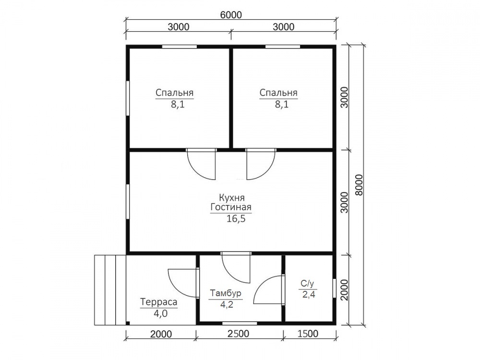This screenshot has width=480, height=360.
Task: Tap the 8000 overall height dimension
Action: point(359,185)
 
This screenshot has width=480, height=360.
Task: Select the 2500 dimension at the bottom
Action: point(239,334)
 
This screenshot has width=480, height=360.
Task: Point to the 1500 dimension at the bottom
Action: point(308,334)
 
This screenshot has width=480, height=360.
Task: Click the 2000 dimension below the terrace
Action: point(161,334)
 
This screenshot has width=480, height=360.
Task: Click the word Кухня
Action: point(232,197)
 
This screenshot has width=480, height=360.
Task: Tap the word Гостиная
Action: point(231,207)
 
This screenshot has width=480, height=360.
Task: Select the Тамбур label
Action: point(226,293)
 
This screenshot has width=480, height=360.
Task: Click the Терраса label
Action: point(159,302)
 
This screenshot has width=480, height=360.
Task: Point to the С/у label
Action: point(308,284)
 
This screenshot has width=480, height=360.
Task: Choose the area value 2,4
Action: point(309,295)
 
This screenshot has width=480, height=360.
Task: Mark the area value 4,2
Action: point(227,305)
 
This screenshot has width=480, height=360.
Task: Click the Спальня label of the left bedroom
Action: point(175,93)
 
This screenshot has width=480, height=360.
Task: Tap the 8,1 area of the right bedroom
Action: point(282,105)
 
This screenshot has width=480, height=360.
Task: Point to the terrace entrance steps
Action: point(110,290)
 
